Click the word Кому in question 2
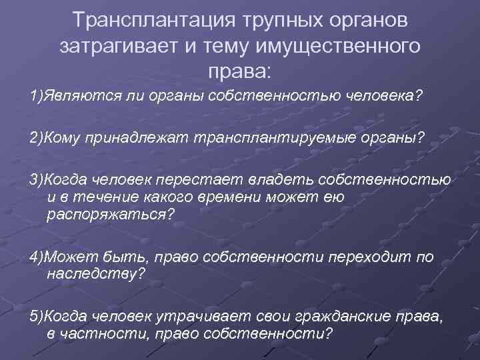[64, 137]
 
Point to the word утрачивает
[198, 316]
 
